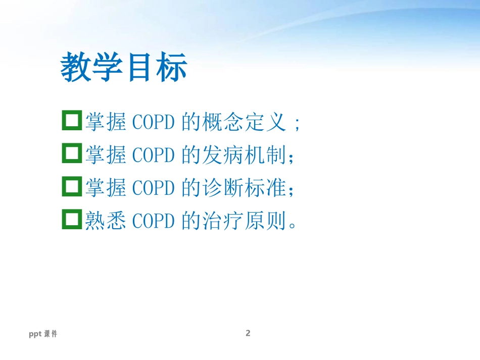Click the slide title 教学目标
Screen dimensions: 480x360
(124, 67)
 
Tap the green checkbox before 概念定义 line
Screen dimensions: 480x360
(63, 120)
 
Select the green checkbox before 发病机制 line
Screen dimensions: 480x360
(63, 153)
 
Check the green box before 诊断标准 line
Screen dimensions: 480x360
(63, 186)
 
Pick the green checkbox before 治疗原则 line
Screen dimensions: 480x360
(63, 219)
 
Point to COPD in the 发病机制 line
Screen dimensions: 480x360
(154, 155)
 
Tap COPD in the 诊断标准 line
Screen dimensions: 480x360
(154, 187)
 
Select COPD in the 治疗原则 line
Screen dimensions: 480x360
(154, 221)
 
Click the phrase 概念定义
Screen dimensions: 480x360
(244, 122)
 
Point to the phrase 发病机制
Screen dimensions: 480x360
(244, 155)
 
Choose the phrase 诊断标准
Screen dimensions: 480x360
(244, 187)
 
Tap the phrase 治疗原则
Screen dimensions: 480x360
(244, 220)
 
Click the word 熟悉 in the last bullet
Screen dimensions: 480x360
(106, 220)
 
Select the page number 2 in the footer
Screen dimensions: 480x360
(248, 333)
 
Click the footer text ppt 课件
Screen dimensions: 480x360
(43, 334)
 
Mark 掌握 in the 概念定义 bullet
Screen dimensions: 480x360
(106, 122)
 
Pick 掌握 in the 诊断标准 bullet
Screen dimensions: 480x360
(106, 187)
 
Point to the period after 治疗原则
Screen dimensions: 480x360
(293, 225)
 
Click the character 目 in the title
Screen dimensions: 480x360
(139, 67)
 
